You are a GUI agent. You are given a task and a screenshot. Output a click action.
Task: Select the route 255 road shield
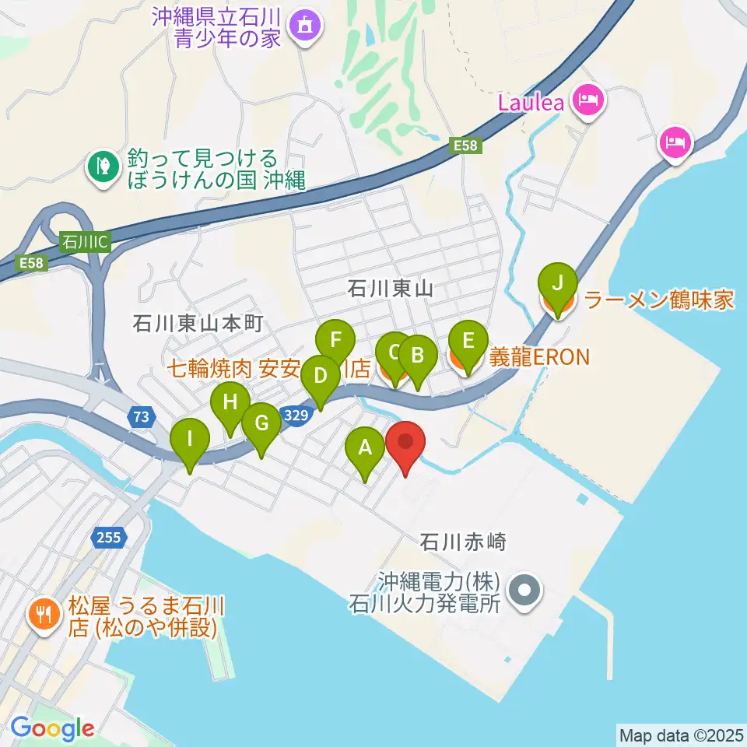pos(109,536)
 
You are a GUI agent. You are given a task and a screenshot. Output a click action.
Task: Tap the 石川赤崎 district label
pos(462,542)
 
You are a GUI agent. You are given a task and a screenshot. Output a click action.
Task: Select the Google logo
pos(53,728)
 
